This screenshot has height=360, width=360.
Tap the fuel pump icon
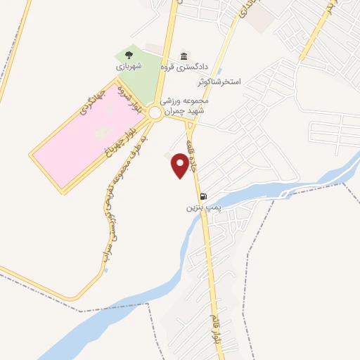tap(202, 196)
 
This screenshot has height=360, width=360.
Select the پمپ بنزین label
tap(199, 208)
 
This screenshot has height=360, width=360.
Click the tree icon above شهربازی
tap(129, 53)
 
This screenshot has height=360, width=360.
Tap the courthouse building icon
tap(184, 56)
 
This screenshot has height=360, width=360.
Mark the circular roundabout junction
tap(155, 111)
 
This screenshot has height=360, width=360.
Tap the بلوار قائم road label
tap(215, 330)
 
